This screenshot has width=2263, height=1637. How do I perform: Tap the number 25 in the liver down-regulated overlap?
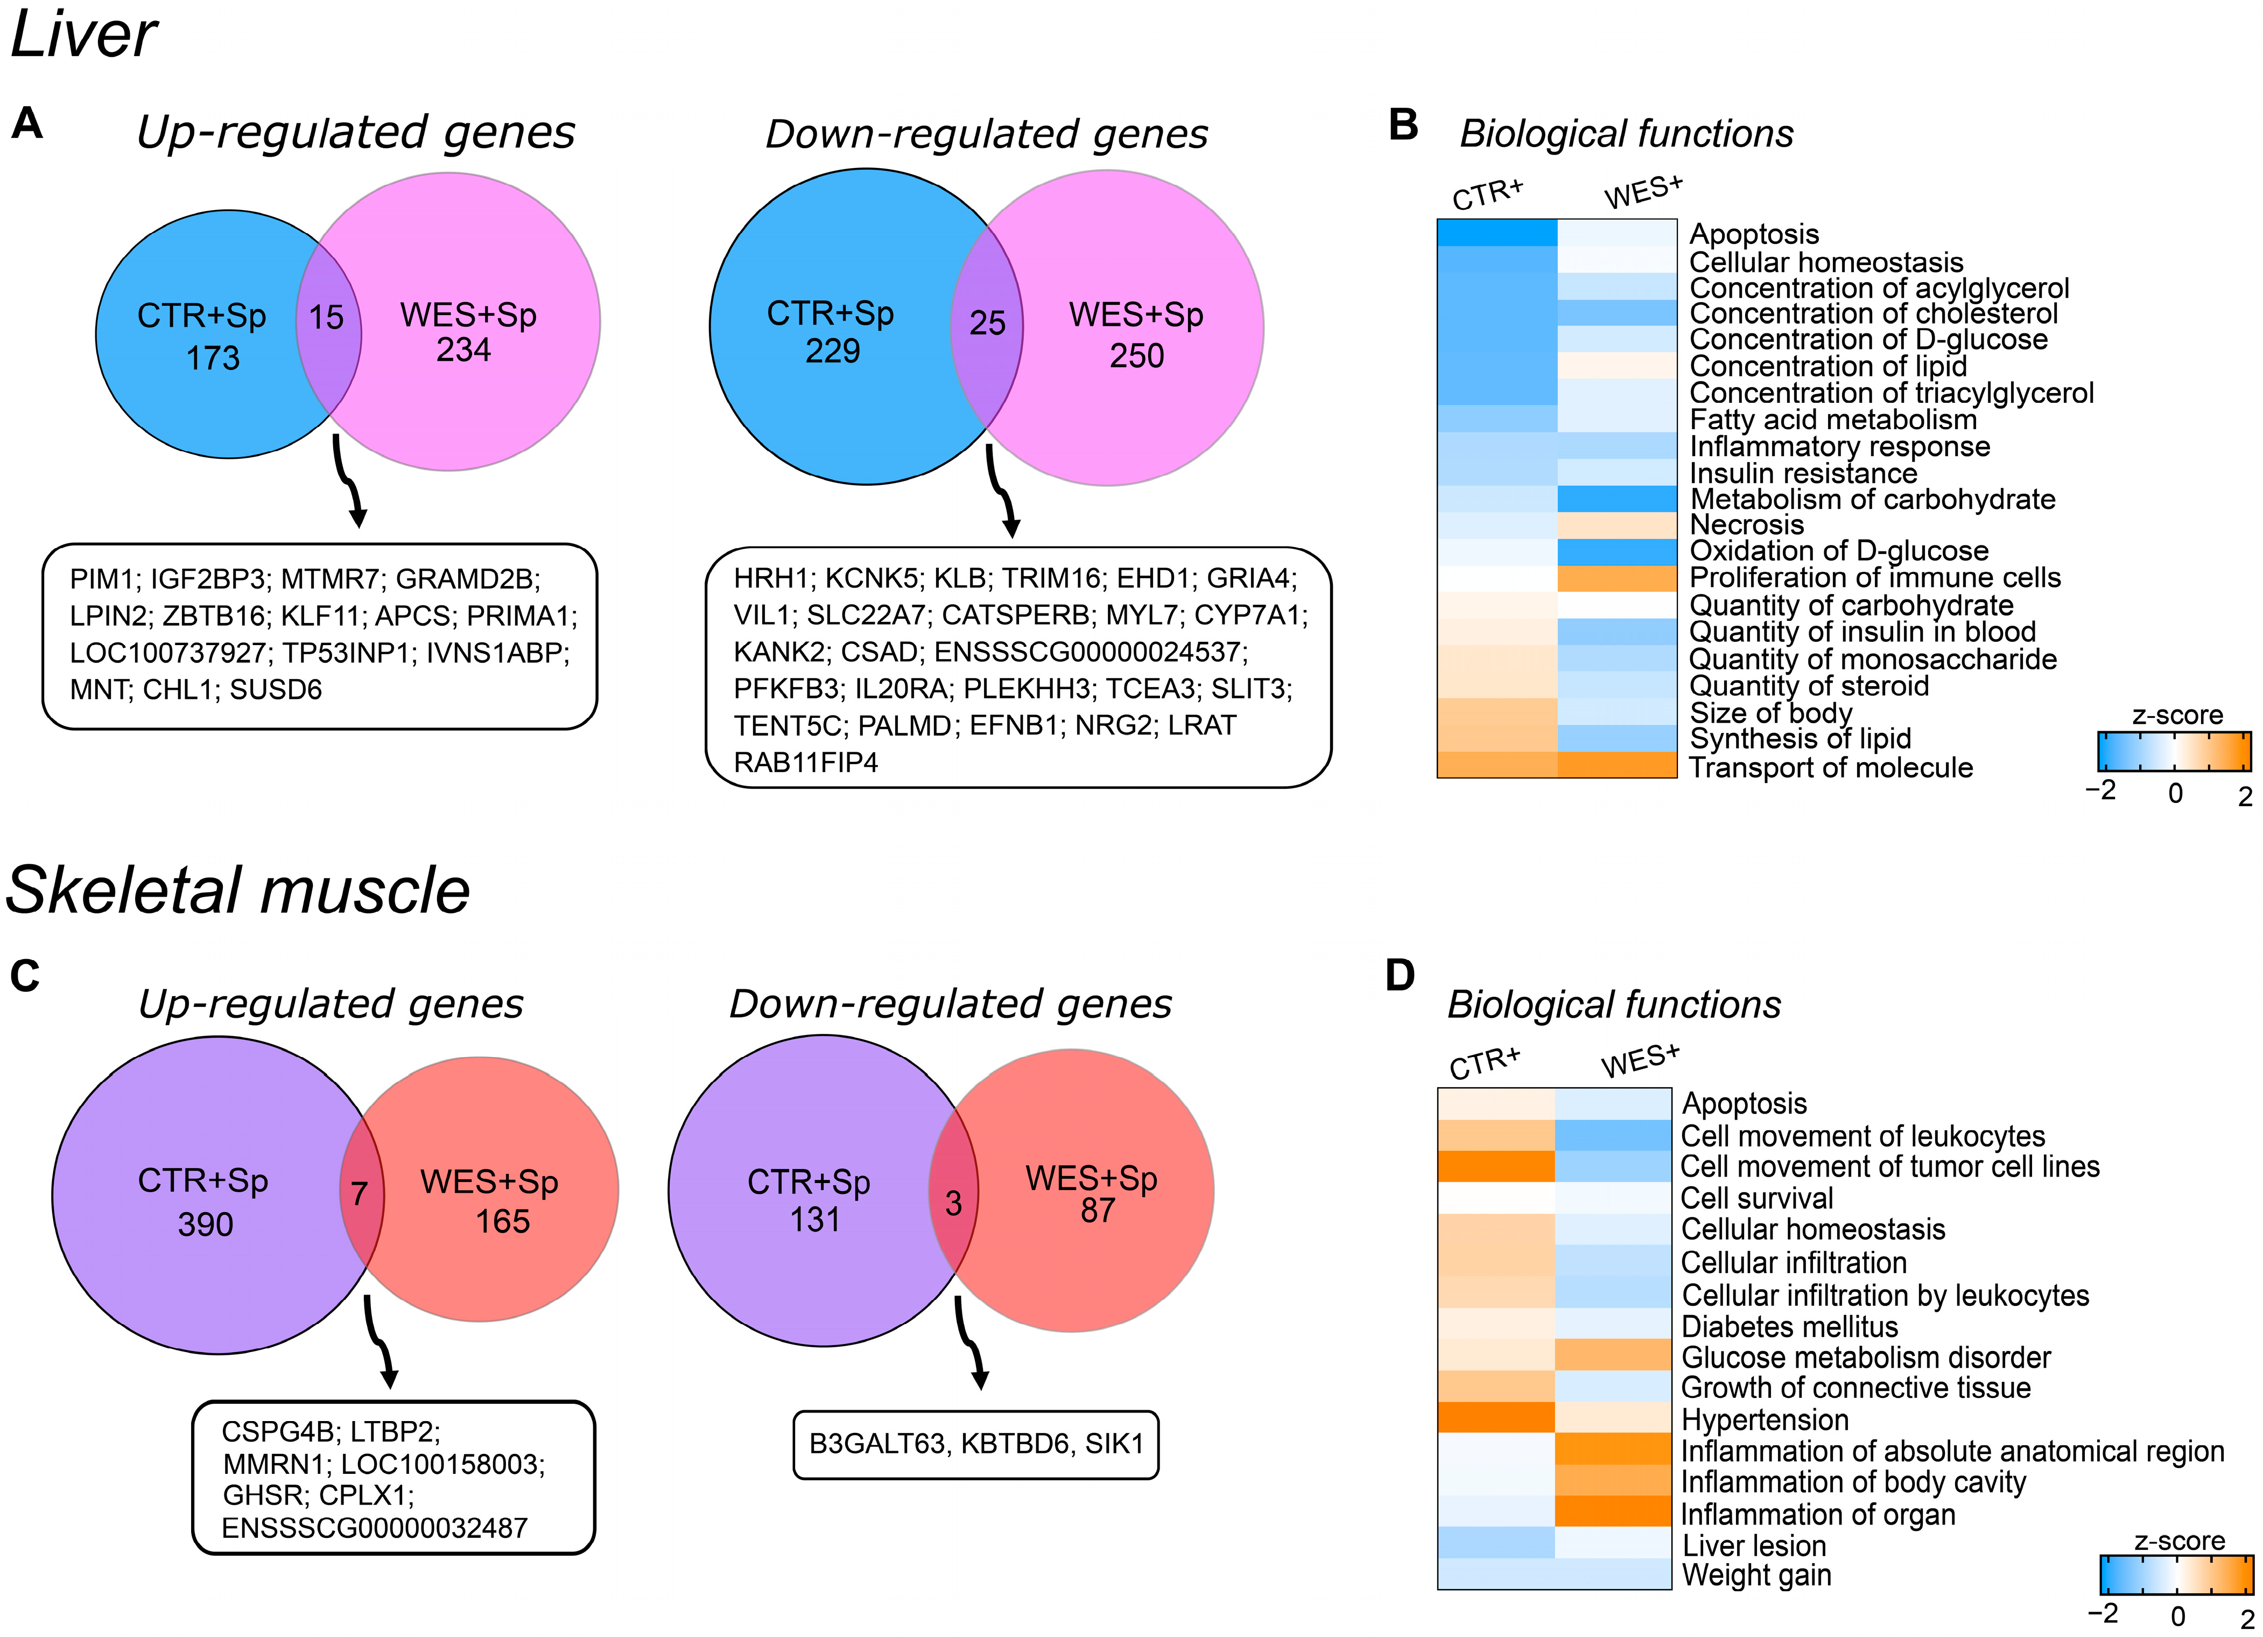coord(987,323)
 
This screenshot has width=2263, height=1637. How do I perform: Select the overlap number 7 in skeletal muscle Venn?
coord(359,1194)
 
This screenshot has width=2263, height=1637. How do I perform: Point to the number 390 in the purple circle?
coord(206,1225)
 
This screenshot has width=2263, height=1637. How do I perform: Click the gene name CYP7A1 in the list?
coord(1250,615)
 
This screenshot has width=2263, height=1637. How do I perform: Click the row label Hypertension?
coord(1764,1419)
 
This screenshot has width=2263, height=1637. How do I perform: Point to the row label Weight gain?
coord(1756,1575)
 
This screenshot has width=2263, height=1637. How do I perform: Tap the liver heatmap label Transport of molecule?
coord(1830,767)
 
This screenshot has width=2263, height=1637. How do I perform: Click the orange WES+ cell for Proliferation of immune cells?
coord(1617,578)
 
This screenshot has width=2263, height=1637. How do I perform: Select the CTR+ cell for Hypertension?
coord(1496,1417)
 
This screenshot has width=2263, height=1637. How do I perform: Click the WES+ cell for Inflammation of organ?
coord(1612,1511)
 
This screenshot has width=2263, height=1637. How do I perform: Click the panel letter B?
coord(1403,125)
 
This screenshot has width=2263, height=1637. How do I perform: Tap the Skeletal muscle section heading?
coord(237,890)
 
